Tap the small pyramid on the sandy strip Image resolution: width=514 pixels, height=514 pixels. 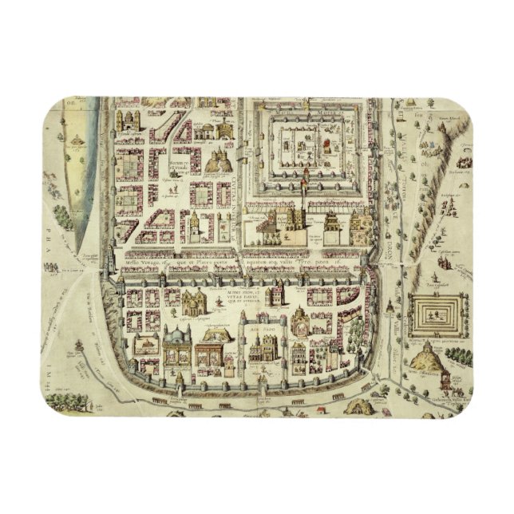click(x=75, y=141)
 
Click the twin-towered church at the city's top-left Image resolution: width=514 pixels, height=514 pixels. click(x=127, y=121)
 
